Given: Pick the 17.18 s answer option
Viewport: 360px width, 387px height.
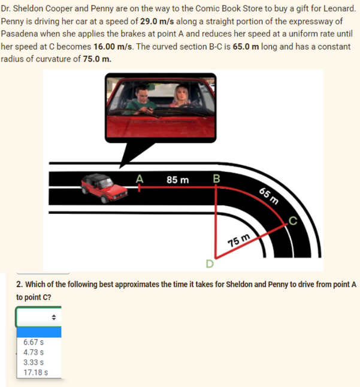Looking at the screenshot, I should pos(35,373).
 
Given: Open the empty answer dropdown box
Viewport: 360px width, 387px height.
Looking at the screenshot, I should pos(38,316).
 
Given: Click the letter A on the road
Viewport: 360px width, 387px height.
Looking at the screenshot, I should pos(140,178).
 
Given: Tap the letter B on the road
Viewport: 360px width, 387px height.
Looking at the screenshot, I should pos(216,178).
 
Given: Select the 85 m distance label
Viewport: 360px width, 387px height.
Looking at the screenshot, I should pos(177,179).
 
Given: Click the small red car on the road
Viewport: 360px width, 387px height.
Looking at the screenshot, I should pos(105,188).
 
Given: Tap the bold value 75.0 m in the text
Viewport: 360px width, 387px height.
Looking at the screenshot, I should pos(96,59).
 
